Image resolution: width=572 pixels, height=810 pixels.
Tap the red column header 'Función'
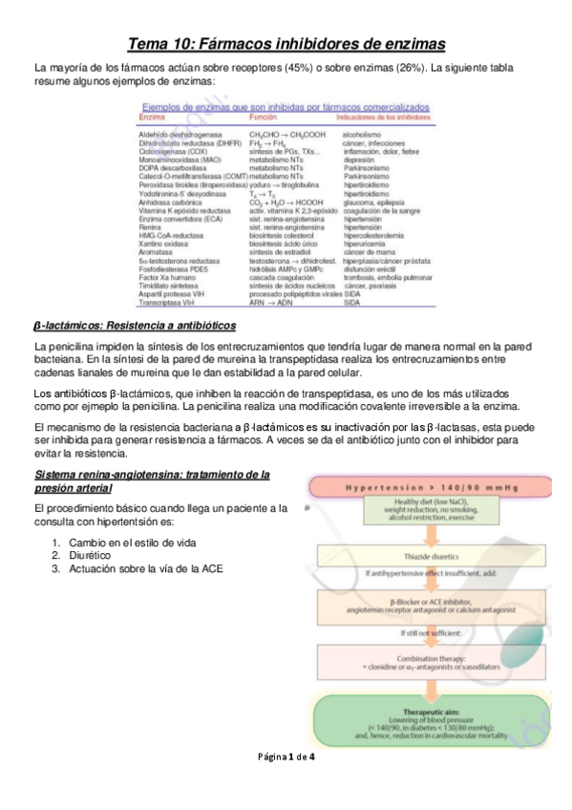264,117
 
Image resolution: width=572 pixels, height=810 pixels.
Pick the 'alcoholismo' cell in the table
365,136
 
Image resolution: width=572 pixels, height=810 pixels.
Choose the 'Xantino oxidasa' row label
163,243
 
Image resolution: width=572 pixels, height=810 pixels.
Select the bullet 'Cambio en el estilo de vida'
129,543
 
